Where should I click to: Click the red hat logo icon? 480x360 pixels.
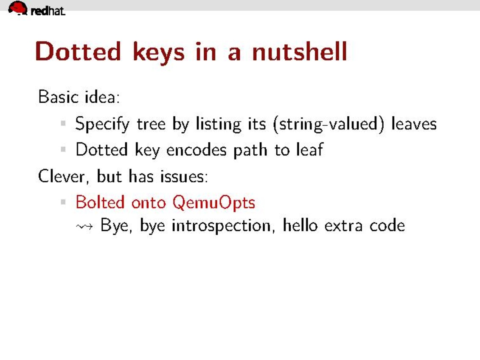pos(18,8)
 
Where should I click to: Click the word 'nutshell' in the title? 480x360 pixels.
pos(300,51)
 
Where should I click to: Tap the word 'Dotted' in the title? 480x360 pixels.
pos(78,51)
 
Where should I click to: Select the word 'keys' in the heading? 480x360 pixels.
pos(159,53)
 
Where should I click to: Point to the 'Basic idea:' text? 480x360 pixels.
pos(79,97)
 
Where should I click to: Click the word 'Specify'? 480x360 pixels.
pos(102,124)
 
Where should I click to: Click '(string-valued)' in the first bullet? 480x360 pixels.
pos(328,124)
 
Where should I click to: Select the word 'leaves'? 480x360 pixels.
pos(414,124)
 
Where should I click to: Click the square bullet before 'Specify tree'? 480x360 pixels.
pos(63,124)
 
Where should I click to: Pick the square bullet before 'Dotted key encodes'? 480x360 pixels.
pos(63,149)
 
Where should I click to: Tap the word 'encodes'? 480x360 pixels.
pos(196,150)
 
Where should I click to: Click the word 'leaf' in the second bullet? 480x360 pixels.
pos(309,150)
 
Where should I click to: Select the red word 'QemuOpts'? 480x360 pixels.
pos(213,202)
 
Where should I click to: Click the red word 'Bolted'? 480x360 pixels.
pos(100,202)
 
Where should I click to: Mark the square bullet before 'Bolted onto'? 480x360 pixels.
pos(63,202)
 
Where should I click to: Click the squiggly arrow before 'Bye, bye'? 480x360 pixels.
pos(84,227)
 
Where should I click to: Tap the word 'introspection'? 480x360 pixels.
pos(222,226)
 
